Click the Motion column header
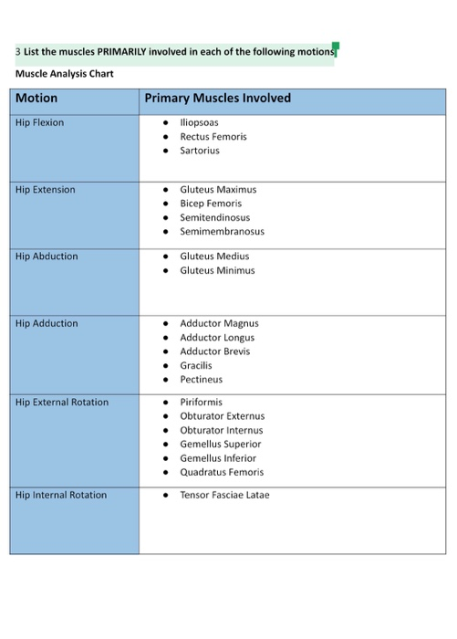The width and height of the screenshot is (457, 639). pyautogui.click(x=36, y=99)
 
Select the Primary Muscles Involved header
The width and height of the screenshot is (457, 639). pyautogui.click(x=217, y=99)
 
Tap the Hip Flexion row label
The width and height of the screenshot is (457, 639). pyautogui.click(x=39, y=122)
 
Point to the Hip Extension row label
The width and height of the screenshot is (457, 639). pyautogui.click(x=45, y=190)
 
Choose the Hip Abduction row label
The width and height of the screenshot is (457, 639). pyautogui.click(x=47, y=257)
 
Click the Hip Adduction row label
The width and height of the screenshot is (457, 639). pyautogui.click(x=47, y=323)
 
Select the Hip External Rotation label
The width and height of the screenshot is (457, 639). pyautogui.click(x=61, y=403)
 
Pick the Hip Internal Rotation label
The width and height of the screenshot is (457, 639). pyautogui.click(x=61, y=495)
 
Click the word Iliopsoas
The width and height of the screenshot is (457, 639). pyautogui.click(x=199, y=122)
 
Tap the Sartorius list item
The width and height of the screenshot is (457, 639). pyautogui.click(x=200, y=151)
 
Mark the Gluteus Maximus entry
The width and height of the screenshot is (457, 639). pyautogui.click(x=218, y=190)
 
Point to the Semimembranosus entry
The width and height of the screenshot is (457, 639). pyautogui.click(x=222, y=232)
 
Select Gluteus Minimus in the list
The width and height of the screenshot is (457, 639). pyautogui.click(x=217, y=271)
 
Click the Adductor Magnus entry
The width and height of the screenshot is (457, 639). pyautogui.click(x=219, y=323)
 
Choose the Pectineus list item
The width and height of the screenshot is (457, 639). pyautogui.click(x=201, y=380)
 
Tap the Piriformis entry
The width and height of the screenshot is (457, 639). pyautogui.click(x=201, y=403)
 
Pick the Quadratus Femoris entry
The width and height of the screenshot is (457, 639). pyautogui.click(x=222, y=473)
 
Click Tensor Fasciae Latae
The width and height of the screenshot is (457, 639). pyautogui.click(x=224, y=495)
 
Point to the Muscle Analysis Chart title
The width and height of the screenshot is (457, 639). pyautogui.click(x=65, y=74)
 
